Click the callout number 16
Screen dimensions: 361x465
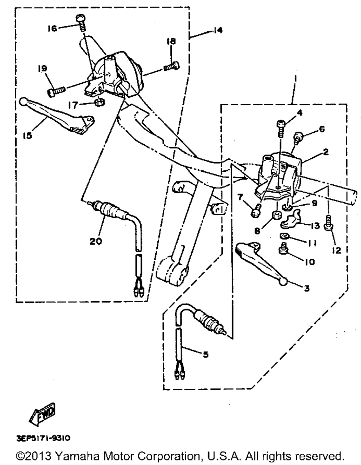pos(52,28)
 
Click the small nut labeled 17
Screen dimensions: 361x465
pos(100,101)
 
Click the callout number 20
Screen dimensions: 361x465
pos(96,241)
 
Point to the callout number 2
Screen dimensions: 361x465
pos(326,152)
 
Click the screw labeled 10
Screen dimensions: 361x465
pos(284,248)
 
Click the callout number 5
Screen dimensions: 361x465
pos(205,355)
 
